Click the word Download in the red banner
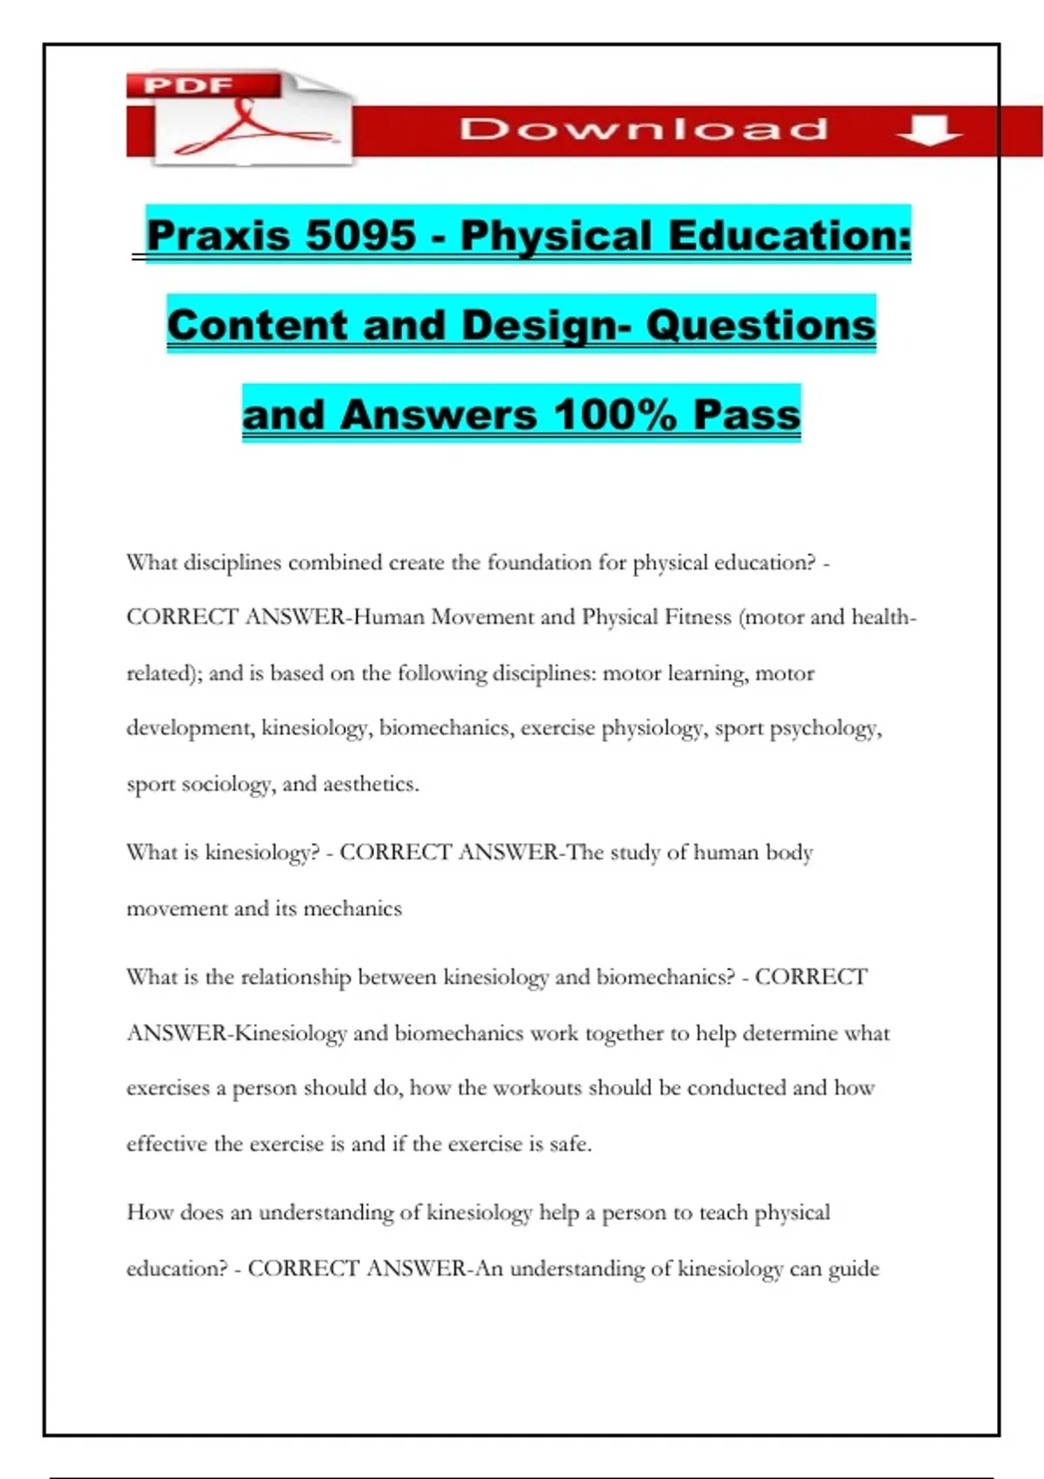pos(643,130)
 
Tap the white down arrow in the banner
pos(928,131)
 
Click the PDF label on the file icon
pos(188,85)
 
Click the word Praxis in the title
pos(217,236)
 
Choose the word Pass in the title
pos(746,414)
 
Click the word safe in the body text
pos(569,1144)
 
